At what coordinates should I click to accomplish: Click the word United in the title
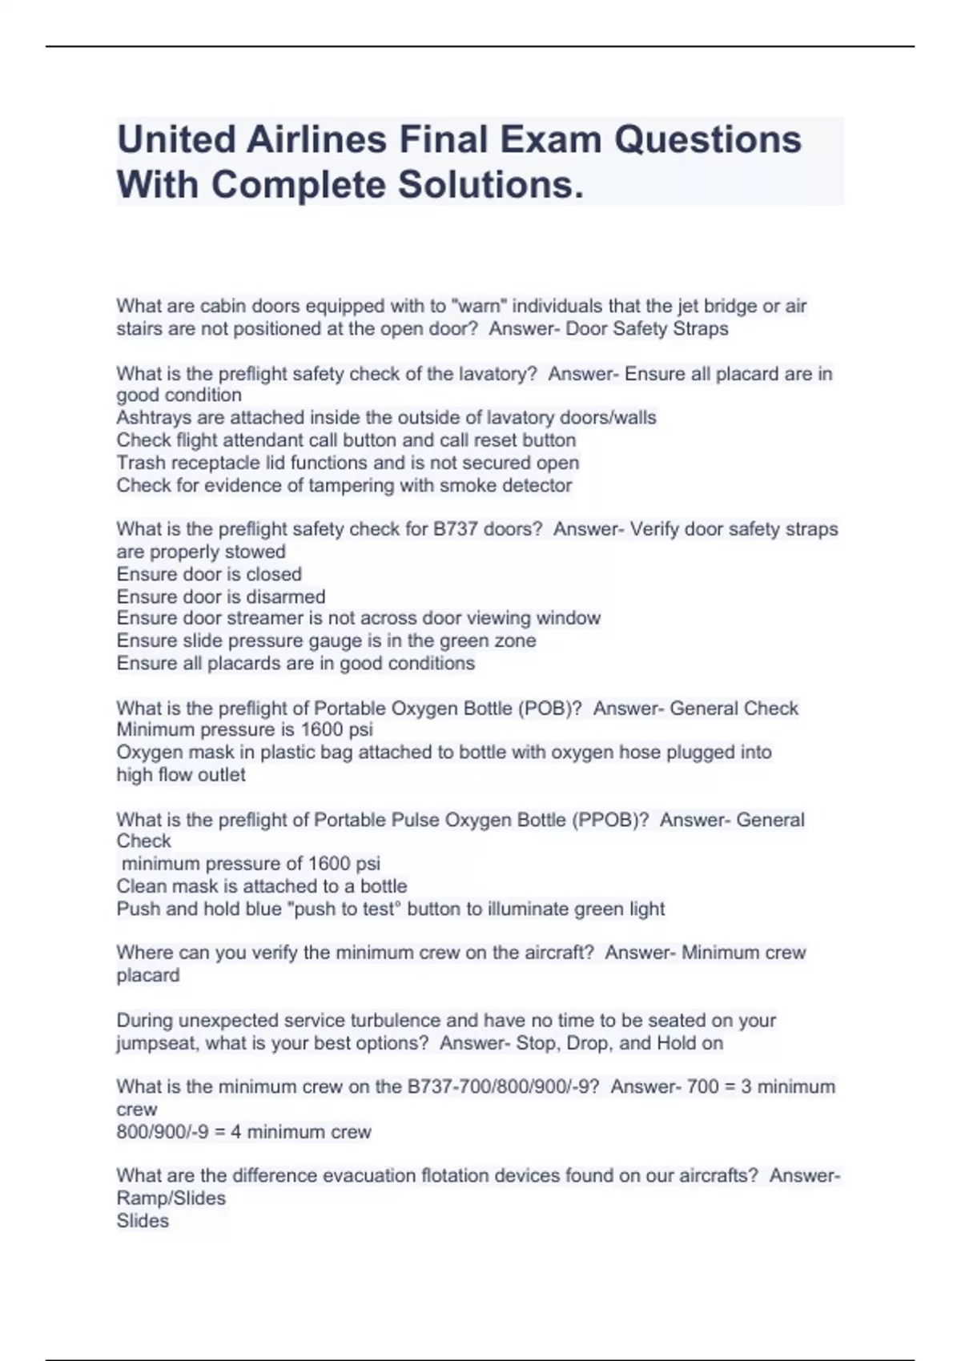point(175,139)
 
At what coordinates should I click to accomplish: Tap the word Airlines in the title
point(317,139)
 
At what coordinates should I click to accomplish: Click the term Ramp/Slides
point(171,1198)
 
